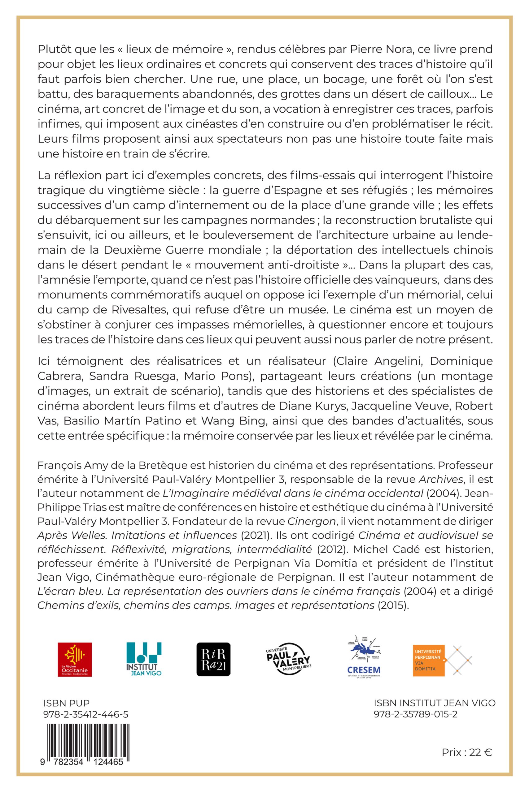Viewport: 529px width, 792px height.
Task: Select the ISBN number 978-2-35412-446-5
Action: tap(86, 714)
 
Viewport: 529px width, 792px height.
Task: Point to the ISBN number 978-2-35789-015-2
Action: tap(416, 714)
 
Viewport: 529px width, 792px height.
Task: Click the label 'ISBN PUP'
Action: tap(67, 703)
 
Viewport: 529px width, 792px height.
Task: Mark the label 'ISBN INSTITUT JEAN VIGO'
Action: tap(435, 703)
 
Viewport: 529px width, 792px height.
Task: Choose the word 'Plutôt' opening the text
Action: tap(54, 49)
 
